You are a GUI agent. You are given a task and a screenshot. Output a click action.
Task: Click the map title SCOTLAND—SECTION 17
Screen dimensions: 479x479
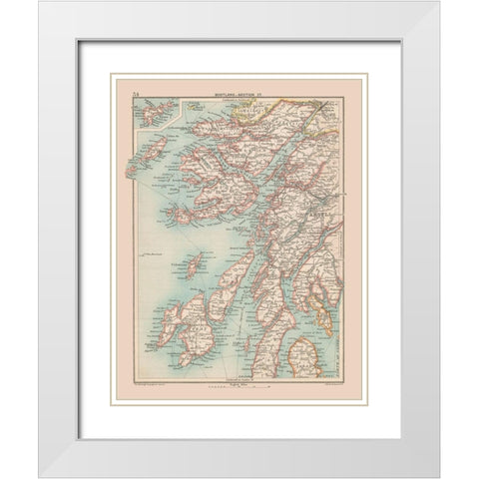point(232,96)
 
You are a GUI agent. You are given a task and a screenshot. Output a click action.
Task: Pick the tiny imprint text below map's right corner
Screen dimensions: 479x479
point(329,379)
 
